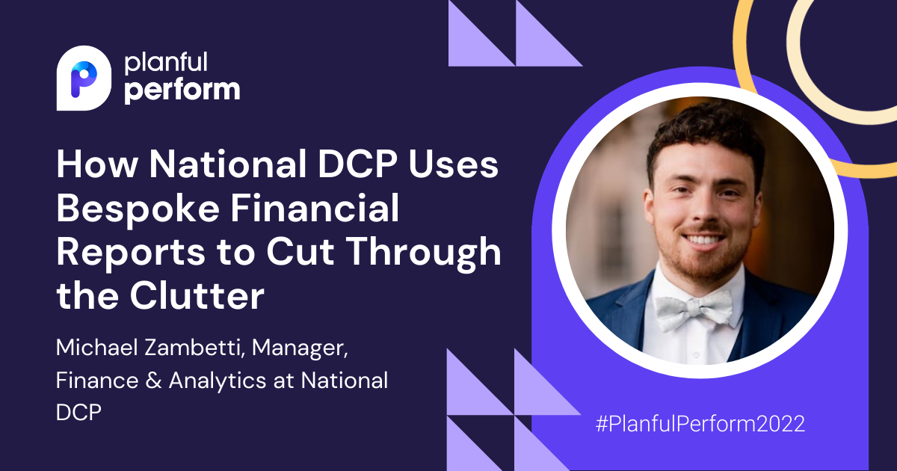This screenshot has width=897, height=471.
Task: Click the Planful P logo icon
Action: [x=84, y=78]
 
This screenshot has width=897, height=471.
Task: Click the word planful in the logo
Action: [x=166, y=63]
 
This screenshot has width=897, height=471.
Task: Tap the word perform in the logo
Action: [x=182, y=91]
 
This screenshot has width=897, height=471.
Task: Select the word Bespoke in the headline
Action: [x=138, y=209]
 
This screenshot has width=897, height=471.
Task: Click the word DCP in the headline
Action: [x=357, y=164]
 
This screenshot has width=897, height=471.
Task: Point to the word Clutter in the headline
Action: [x=197, y=296]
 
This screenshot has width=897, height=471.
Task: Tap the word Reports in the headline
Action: [x=131, y=253]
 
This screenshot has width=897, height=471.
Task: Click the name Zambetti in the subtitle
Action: [x=194, y=347]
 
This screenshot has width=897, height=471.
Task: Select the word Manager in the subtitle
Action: [x=300, y=348]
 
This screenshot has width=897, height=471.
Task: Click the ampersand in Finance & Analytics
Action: [x=153, y=381]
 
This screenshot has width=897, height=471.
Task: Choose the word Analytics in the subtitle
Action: [x=218, y=381]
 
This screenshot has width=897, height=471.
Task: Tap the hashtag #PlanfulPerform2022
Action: [x=700, y=424]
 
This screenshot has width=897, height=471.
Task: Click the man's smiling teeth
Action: [x=703, y=240]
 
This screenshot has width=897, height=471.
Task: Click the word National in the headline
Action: [x=228, y=164]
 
